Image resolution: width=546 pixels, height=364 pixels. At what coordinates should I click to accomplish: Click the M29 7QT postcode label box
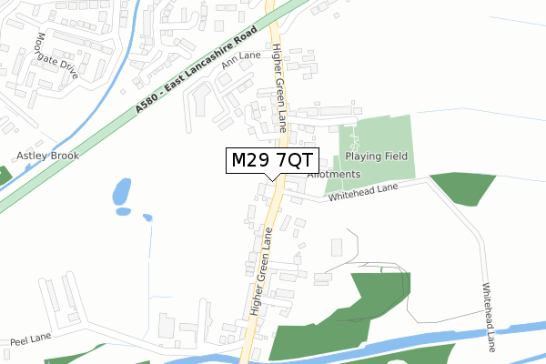tap(269, 162)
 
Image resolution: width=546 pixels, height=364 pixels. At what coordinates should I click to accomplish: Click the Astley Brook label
tap(47, 156)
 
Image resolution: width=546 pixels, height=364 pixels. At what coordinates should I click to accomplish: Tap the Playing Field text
tap(376, 157)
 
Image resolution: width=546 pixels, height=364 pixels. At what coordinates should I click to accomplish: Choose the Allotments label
tap(334, 174)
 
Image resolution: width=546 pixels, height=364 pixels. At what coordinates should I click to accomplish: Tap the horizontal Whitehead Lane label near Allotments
tap(364, 191)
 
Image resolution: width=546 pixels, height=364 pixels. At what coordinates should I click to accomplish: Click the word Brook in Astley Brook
tap(64, 156)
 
